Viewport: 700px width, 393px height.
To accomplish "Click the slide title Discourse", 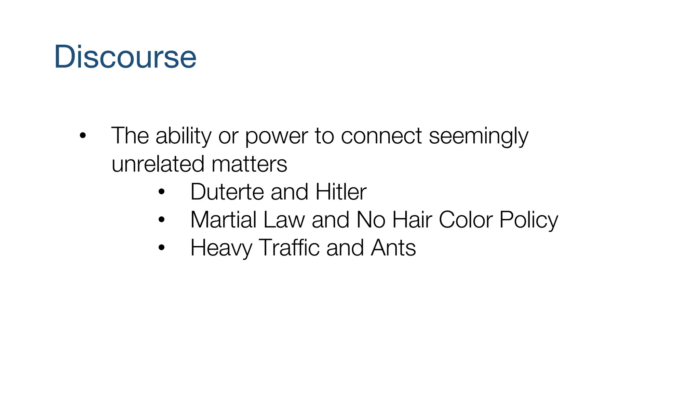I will tap(125, 57).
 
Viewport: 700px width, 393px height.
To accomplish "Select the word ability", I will tap(184, 136).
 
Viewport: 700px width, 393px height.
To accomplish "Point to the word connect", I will tap(381, 136).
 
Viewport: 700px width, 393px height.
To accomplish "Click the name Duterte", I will tap(227, 192).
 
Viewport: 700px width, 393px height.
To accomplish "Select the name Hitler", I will tap(341, 192).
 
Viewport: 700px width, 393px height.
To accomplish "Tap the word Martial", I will tap(224, 220).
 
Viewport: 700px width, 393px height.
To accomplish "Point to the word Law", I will tap(284, 220).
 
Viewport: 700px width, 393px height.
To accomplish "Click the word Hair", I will tap(412, 220).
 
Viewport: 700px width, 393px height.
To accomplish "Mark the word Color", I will tap(466, 220).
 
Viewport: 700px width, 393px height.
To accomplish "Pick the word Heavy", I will tap(221, 248).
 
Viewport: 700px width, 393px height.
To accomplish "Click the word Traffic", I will tap(289, 248).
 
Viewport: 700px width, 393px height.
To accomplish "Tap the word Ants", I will tap(393, 248).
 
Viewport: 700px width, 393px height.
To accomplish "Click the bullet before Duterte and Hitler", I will tap(162, 192).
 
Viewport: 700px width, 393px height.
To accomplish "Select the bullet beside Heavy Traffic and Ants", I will tap(162, 248).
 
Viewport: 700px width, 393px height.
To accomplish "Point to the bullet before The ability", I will tap(82, 136).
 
